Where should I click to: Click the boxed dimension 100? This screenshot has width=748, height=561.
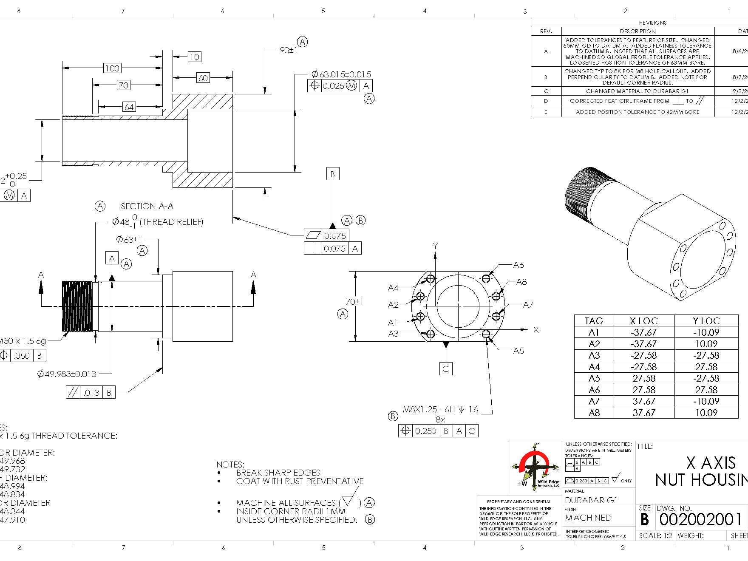(112, 68)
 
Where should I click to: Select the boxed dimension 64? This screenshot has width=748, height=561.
(129, 107)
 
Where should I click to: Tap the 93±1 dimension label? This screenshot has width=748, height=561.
(289, 50)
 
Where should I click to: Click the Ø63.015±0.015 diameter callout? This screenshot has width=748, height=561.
(341, 74)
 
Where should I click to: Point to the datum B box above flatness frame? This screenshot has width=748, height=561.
(333, 174)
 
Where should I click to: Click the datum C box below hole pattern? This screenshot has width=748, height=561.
(446, 369)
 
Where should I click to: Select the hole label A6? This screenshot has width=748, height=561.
(518, 265)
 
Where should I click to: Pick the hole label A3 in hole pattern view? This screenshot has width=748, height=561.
(393, 334)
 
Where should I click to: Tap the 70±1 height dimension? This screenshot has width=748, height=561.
(354, 302)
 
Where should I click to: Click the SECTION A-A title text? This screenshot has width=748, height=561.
(147, 206)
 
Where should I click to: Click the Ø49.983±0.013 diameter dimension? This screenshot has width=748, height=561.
(67, 374)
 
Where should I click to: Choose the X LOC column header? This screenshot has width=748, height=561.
(643, 321)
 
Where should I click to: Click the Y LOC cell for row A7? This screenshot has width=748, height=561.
(706, 401)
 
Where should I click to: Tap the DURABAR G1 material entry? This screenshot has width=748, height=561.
(591, 500)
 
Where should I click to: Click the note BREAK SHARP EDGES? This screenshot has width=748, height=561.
(278, 473)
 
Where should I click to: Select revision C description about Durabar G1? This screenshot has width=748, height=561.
(637, 91)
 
